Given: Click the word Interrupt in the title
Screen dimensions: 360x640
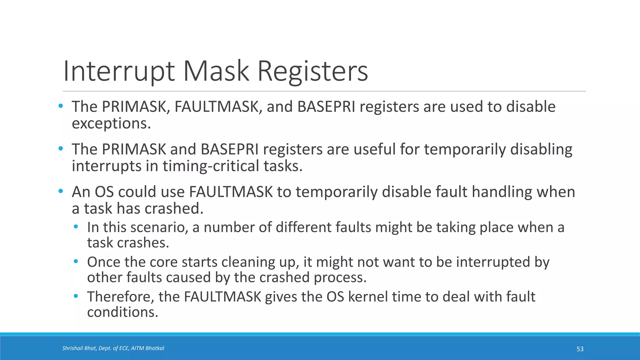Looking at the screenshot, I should pyautogui.click(x=118, y=71).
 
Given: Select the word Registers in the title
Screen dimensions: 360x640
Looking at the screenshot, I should pyautogui.click(x=312, y=71).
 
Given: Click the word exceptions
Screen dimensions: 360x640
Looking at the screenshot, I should pyautogui.click(x=111, y=123).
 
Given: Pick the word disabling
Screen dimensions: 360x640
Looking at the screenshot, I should pyautogui.click(x=541, y=149).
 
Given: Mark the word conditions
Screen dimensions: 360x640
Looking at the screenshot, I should pyautogui.click(x=122, y=312).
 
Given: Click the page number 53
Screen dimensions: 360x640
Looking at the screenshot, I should pyautogui.click(x=580, y=349).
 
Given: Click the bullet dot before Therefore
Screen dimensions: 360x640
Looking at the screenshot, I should pyautogui.click(x=76, y=296).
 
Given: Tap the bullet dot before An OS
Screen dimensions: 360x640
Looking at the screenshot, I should pyautogui.click(x=61, y=191).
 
